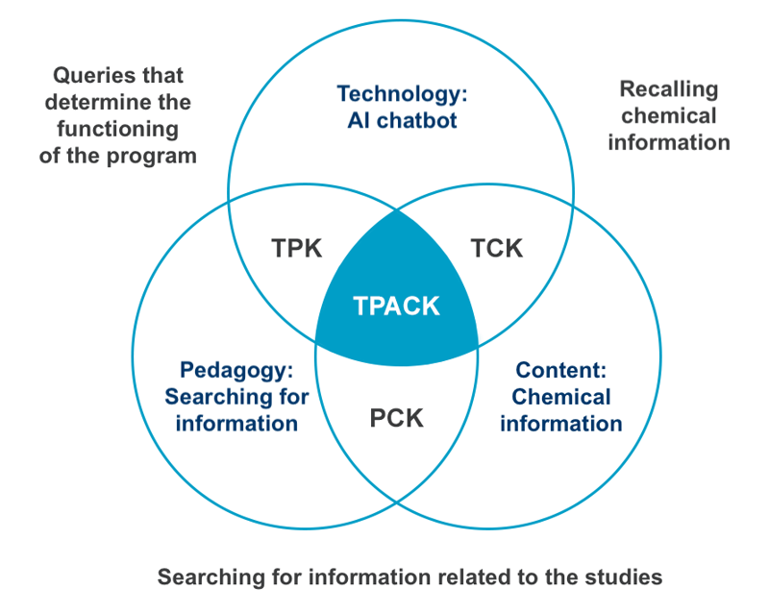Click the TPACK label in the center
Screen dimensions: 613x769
[x=396, y=306]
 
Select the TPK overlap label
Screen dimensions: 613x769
[x=296, y=248]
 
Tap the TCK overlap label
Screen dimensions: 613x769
[x=496, y=248]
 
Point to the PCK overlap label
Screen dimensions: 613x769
[x=396, y=419]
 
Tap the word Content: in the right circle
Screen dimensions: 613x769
[x=560, y=370]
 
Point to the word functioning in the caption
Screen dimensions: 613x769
[x=118, y=129]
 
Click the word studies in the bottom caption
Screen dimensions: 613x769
[x=628, y=577]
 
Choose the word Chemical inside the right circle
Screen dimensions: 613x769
[x=560, y=397]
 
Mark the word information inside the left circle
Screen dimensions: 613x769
[x=236, y=423]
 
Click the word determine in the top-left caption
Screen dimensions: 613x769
[x=98, y=102]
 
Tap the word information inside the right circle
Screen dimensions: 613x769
[x=560, y=423]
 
